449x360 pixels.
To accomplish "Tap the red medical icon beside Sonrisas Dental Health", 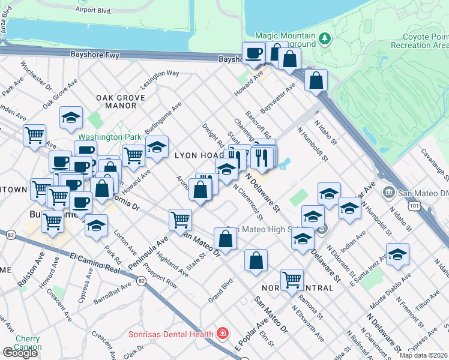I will click(222, 333).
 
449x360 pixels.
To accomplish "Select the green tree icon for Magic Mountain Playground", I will click(325, 38).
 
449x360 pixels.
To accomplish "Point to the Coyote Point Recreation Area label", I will click(420, 41).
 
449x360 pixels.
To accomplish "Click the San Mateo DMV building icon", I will click(388, 192).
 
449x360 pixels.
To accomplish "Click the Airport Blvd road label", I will click(94, 10).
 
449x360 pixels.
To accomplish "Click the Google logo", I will click(20, 353).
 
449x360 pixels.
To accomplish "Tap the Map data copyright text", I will click(424, 355).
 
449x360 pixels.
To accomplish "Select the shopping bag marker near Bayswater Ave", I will click(316, 80).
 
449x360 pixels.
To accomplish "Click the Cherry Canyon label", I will click(28, 343).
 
